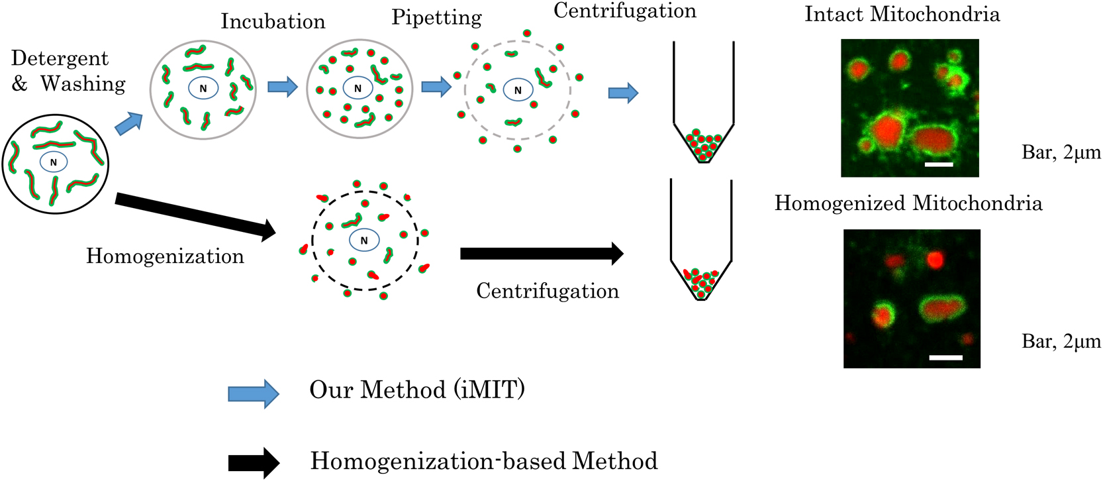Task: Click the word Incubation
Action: point(273,22)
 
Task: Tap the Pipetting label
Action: point(436,18)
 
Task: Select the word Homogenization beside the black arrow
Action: point(165,256)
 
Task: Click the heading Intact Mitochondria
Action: point(902,15)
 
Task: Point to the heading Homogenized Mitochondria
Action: point(908,203)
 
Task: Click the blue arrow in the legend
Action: point(254,394)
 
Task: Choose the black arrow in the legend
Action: point(254,462)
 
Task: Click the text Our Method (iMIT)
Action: point(417,390)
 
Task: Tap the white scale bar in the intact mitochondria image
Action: point(939,164)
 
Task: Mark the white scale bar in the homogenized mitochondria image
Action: point(945,357)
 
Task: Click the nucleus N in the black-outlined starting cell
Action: point(54,162)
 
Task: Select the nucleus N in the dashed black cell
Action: point(363,240)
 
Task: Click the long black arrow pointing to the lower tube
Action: point(541,254)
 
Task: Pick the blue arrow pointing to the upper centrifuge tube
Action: point(623,93)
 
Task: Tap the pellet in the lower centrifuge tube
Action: point(701,281)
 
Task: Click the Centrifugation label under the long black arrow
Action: point(548,292)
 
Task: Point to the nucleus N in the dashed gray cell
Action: point(518,90)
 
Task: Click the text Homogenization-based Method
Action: point(484,461)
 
